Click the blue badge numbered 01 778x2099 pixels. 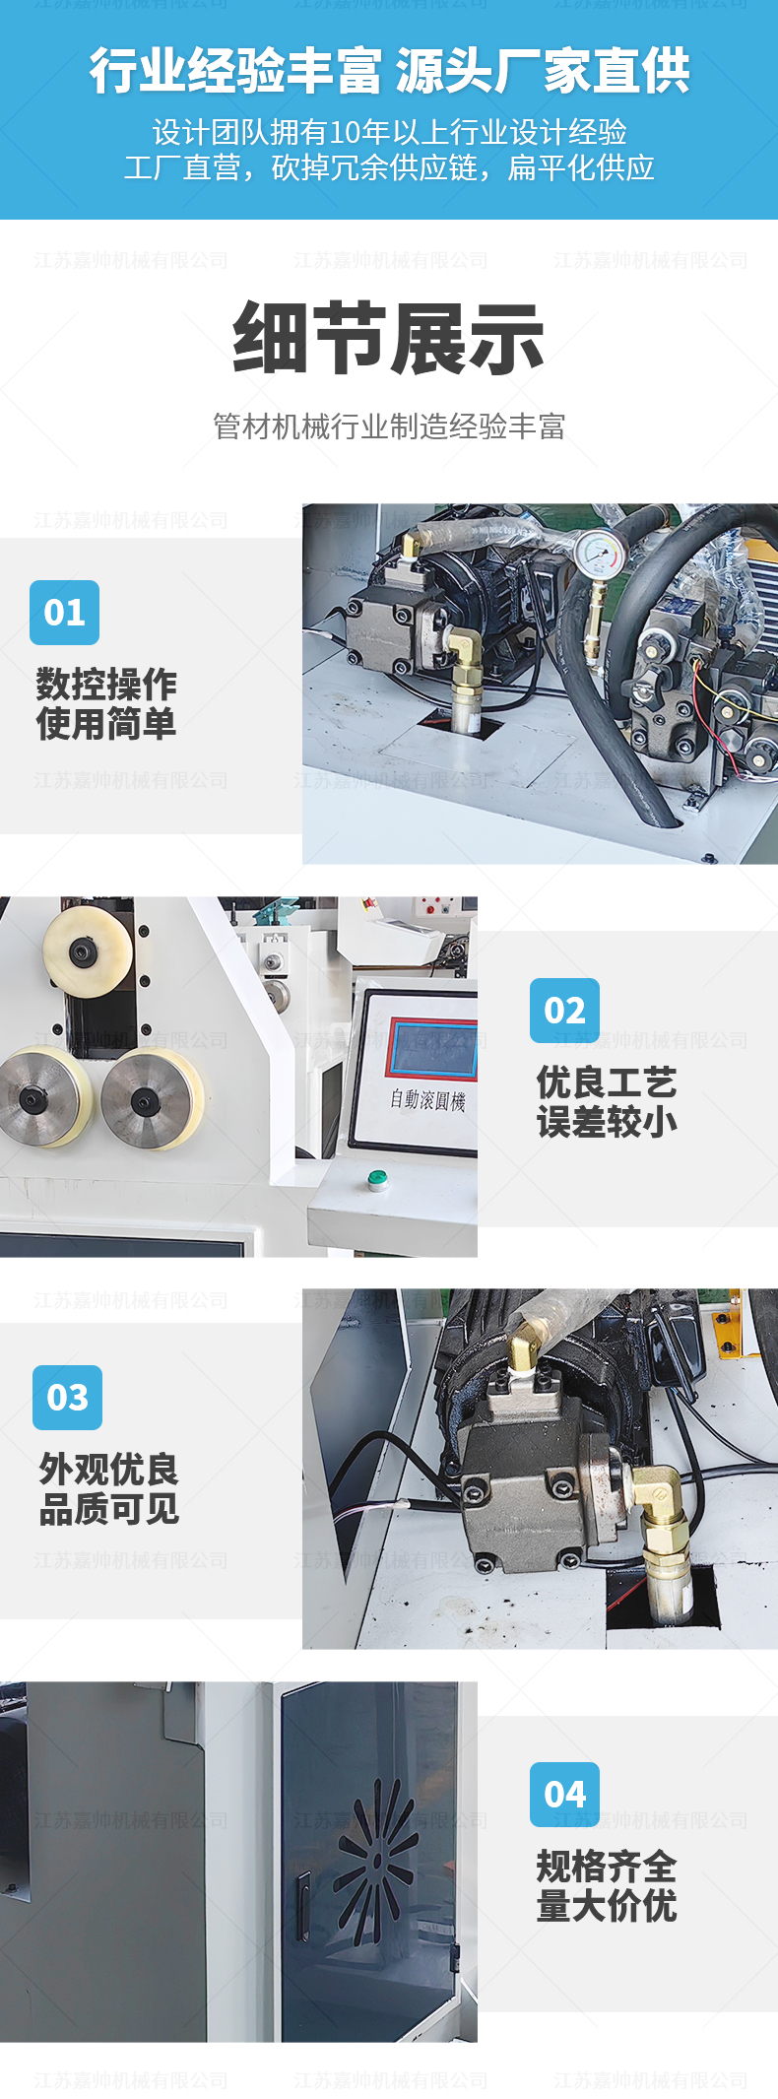64,612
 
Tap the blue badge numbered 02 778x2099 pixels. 564,1010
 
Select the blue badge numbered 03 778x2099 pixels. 67,1397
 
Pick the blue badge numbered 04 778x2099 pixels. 564,1794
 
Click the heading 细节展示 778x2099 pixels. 388,338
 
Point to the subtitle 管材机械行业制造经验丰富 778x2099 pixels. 389,426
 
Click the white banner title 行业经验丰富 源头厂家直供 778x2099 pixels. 389,71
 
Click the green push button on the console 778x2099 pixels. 375,1177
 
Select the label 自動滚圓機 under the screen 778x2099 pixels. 426,1098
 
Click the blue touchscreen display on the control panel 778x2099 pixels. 431,1048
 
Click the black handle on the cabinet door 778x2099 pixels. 303,1905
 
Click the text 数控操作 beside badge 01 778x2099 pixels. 106,683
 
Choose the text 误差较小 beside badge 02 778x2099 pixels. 607,1122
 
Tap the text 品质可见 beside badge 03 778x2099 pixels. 108,1509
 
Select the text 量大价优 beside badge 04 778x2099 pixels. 607,1906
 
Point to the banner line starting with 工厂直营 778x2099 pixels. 389,167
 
